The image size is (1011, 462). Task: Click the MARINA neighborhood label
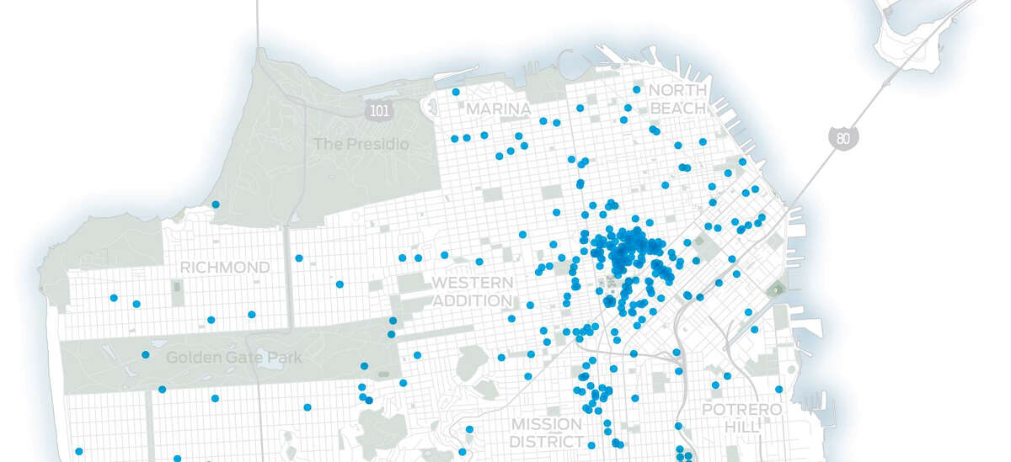[498, 110]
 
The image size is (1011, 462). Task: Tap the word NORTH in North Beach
[677, 90]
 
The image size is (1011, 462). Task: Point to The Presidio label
[361, 145]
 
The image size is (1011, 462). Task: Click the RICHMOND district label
[225, 268]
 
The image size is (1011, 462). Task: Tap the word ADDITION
[472, 300]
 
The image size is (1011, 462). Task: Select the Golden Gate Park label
[233, 358]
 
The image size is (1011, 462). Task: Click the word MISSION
[546, 424]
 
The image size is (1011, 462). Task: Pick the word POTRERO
[730, 410]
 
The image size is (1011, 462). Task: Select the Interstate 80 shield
[842, 137]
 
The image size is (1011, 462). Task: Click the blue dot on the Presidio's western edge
[216, 204]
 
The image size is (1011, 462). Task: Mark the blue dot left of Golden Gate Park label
[146, 355]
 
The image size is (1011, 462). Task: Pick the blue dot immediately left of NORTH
[637, 89]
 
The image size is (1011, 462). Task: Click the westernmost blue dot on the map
[79, 452]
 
